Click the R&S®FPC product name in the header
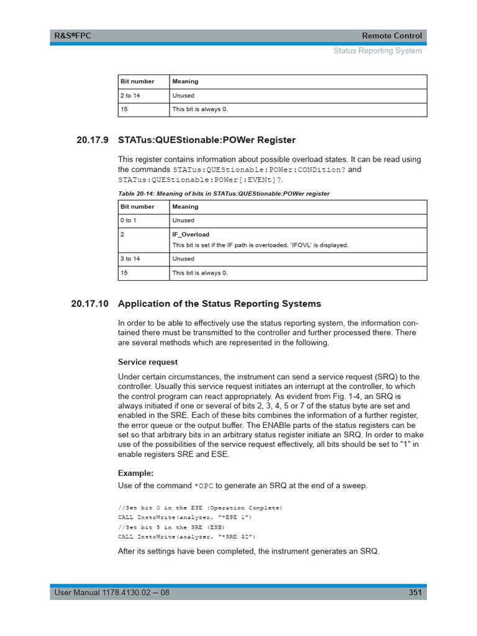[72, 35]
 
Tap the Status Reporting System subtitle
[377, 50]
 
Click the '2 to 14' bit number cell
[130, 96]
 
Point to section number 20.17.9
[92, 140]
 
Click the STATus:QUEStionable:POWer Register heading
[207, 140]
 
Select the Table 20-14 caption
[224, 194]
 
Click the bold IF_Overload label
[191, 234]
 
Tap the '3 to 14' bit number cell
[130, 259]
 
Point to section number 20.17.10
[89, 304]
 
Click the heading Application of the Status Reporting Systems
[219, 304]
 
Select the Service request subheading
[148, 361]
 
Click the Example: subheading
[135, 473]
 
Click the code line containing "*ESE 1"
[185, 517]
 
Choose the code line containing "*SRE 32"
[186, 537]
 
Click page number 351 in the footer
[415, 593]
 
